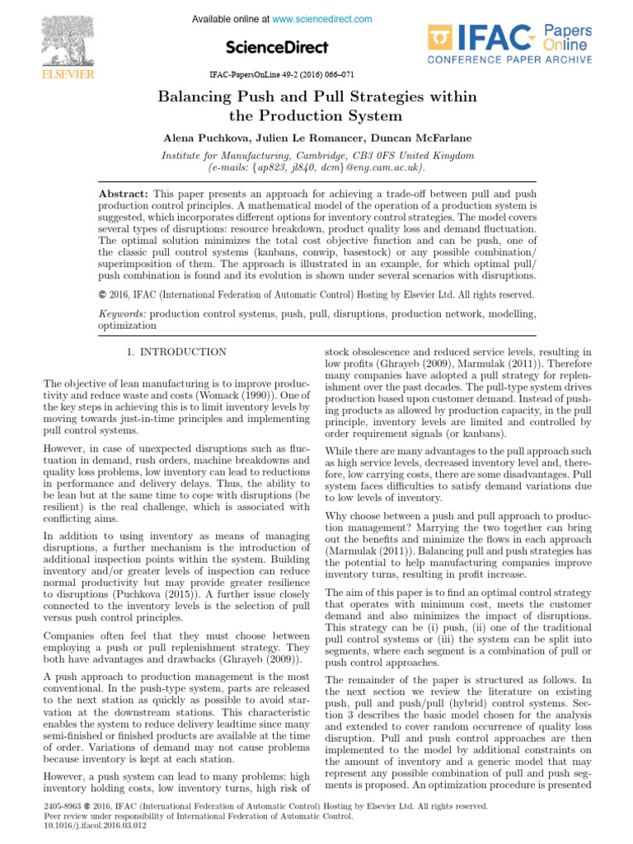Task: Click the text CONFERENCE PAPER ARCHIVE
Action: (509, 60)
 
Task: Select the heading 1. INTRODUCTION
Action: (176, 352)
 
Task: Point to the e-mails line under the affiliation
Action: (317, 167)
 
